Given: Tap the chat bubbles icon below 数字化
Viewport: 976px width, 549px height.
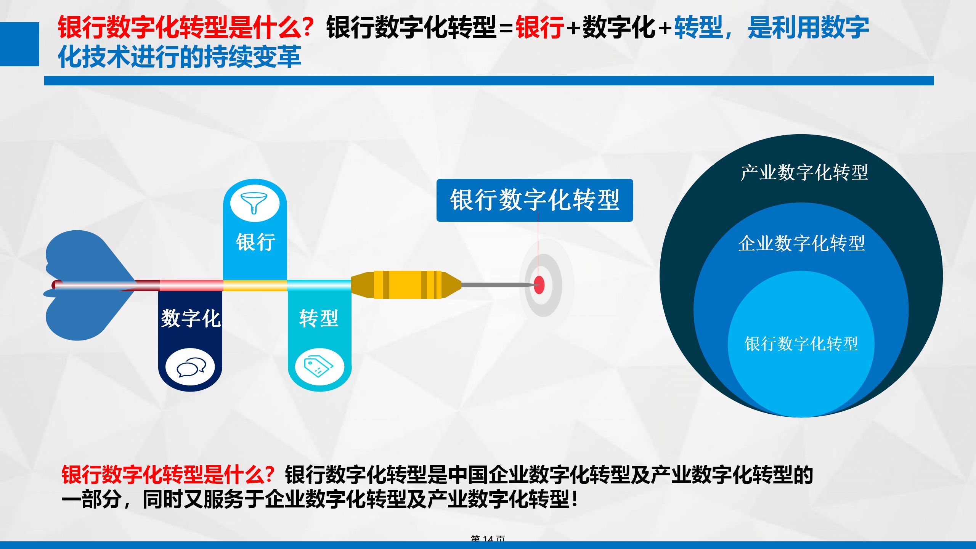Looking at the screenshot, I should point(191,368).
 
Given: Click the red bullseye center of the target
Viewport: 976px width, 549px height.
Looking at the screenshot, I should point(539,285).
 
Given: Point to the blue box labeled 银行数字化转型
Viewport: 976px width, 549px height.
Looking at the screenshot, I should point(535,200).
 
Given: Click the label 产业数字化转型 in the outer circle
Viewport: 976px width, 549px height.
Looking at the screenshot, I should point(804,172).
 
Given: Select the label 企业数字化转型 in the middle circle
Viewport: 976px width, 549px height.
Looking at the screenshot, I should point(801,243).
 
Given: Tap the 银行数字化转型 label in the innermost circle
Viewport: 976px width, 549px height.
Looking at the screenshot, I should point(801,344).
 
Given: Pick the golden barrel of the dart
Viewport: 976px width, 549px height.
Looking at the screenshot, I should point(407,285).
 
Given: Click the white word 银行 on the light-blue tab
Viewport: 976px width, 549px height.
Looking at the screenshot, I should point(255,242).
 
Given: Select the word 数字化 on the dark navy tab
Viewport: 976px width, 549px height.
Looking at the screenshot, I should point(190,318).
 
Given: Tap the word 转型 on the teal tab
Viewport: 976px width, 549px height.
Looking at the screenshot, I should point(319,318).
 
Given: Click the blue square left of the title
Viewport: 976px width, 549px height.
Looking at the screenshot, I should point(19,44).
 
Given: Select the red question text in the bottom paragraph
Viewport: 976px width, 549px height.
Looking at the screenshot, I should point(168,475).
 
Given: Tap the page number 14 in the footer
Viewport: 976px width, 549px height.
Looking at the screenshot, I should point(488,538).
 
